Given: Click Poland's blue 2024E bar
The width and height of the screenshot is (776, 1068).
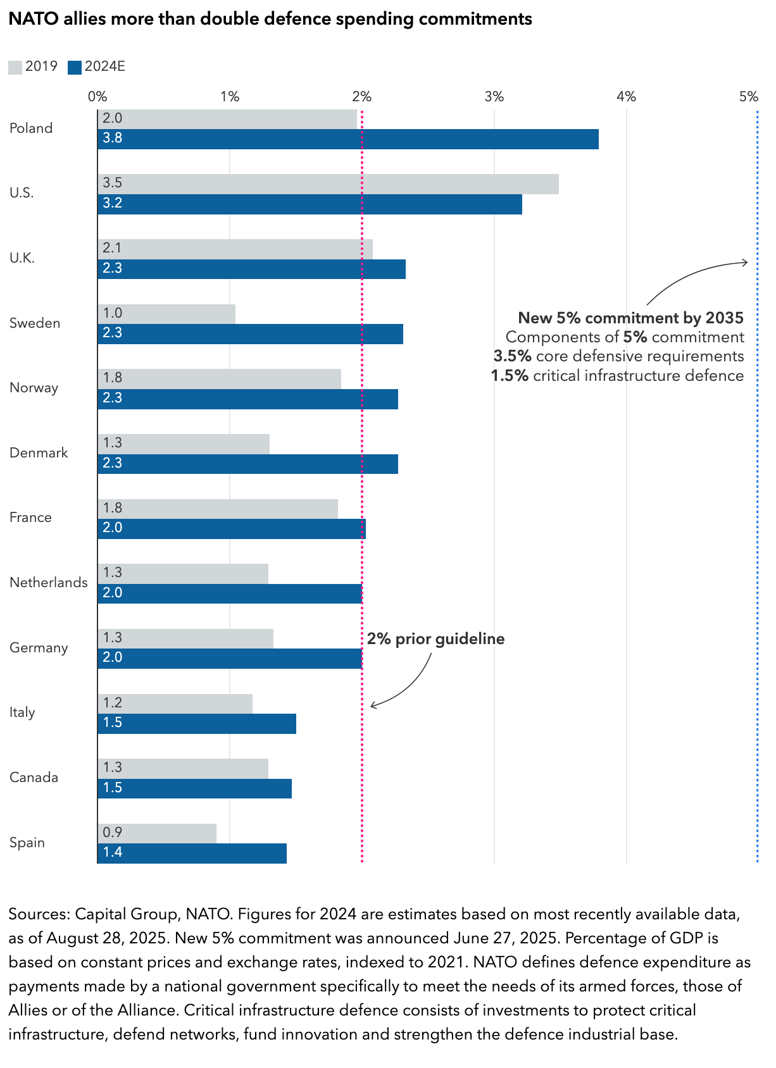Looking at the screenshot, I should point(348,139).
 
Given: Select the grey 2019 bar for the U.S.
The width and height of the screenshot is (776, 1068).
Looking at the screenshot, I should point(328,184).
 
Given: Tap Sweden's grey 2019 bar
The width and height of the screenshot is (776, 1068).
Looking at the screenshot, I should point(166,314).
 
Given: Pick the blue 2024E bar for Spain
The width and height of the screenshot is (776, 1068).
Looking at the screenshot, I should point(192,853).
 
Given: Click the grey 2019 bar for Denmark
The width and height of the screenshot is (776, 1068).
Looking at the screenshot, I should point(184,444).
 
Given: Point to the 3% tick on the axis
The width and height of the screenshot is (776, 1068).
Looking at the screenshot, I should point(494,97).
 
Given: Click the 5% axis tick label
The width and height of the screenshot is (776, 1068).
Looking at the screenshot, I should point(748,97).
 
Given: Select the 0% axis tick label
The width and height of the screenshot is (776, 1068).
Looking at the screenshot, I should point(97,97).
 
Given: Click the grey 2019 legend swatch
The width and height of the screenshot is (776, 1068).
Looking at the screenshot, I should point(15,67).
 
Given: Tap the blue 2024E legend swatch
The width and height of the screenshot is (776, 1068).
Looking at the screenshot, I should point(75,67).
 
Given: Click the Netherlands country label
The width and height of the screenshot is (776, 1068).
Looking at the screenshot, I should point(49,583).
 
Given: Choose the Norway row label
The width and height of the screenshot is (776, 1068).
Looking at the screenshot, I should point(34,388).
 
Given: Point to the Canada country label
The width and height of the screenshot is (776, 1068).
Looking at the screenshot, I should point(34,778).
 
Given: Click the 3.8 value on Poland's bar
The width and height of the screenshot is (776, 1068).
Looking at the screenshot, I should point(113,139).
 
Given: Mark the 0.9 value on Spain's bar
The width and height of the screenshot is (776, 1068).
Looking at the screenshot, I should point(113,833).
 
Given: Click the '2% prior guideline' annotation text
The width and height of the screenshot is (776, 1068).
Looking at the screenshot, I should point(435,639).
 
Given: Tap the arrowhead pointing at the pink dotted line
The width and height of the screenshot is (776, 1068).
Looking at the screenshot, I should point(373,705).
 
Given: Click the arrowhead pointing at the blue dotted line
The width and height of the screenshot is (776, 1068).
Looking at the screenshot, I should point(746,262).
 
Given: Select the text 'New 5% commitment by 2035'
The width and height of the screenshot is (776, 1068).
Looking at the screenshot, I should point(630,318).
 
